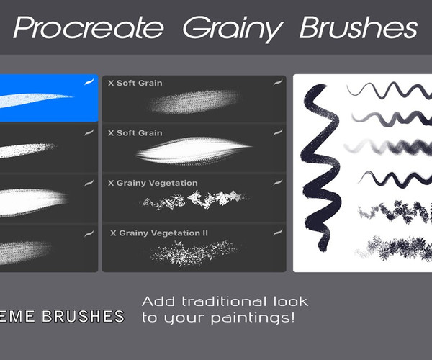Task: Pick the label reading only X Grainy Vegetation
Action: [152, 184]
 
